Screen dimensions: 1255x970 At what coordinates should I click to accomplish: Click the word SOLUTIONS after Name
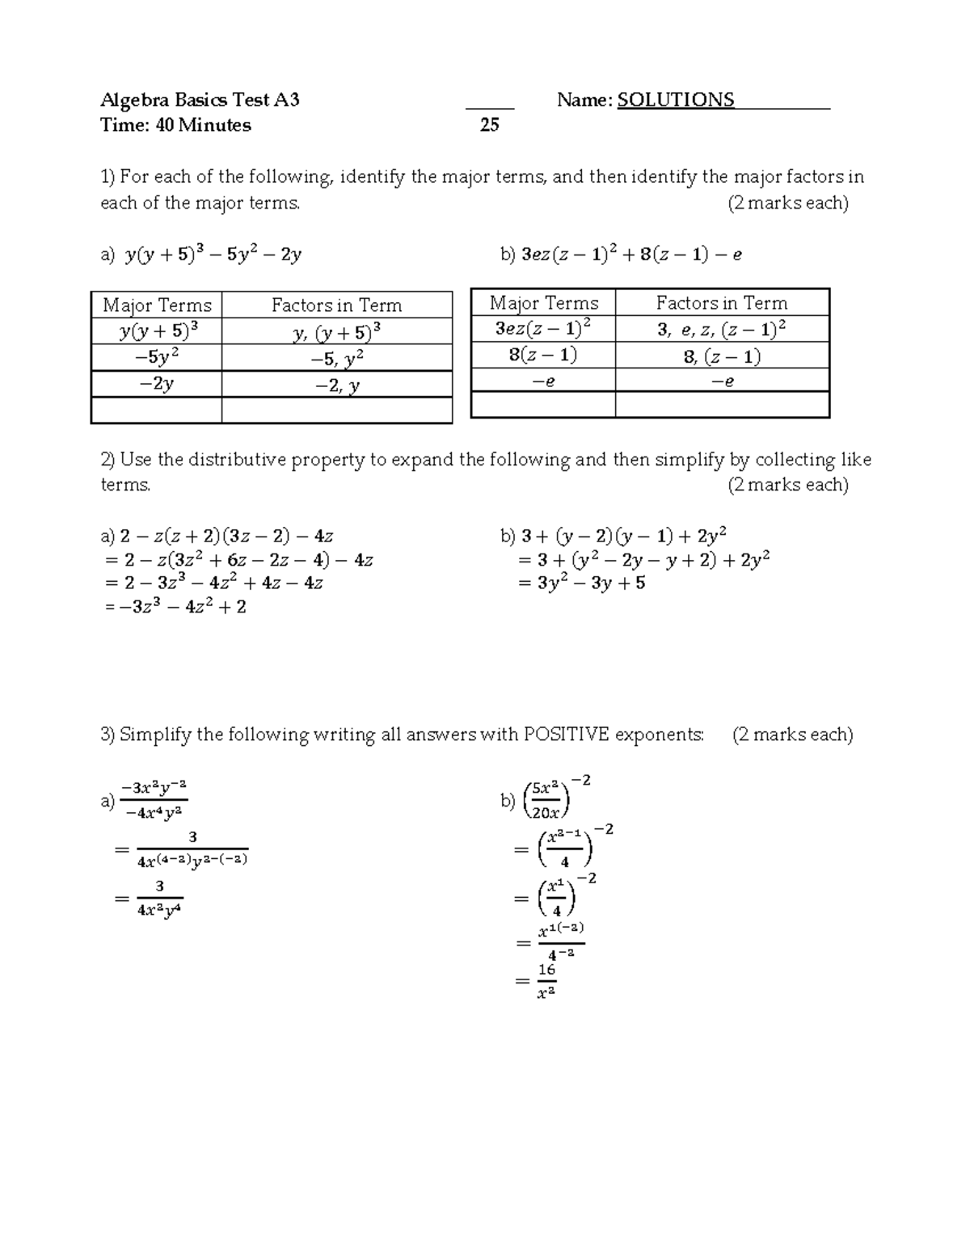(676, 100)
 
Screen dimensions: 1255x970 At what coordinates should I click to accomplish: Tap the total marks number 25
(489, 125)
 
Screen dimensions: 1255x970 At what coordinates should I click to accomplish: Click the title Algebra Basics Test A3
(200, 100)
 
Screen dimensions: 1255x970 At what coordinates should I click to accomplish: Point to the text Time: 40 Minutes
(175, 125)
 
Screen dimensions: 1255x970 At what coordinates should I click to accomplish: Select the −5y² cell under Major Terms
(157, 358)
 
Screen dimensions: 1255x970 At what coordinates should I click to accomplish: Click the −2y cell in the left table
(157, 384)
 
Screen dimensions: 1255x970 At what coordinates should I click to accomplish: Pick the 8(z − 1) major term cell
(543, 356)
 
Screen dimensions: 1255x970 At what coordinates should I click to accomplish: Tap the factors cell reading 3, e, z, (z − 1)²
(722, 329)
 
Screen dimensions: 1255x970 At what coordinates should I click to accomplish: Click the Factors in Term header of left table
(336, 305)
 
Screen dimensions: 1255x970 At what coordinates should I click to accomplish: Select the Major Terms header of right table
(543, 303)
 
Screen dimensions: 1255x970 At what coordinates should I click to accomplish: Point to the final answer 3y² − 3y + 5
(591, 583)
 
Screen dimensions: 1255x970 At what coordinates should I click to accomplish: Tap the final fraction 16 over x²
(546, 981)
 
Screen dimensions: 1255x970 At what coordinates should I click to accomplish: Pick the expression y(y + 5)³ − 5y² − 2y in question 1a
(213, 255)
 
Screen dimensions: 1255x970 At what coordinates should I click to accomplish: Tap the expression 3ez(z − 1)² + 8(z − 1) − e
(631, 255)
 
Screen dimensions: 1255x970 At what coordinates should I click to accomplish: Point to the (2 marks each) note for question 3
(792, 735)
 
